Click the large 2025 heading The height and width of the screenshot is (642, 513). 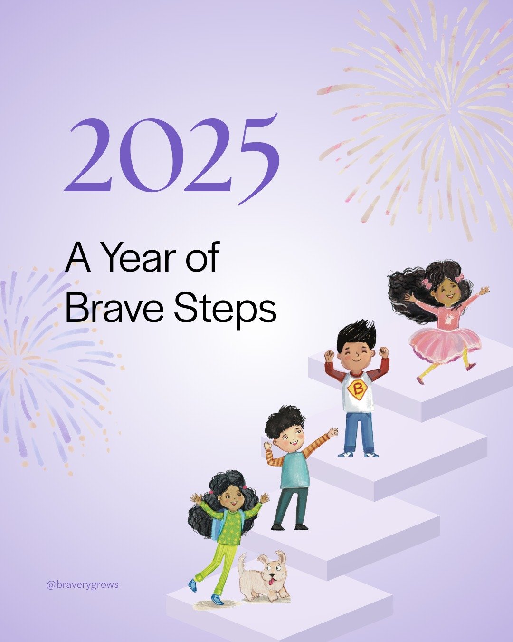[x=172, y=157]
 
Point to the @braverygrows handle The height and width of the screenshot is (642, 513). [x=82, y=584]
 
